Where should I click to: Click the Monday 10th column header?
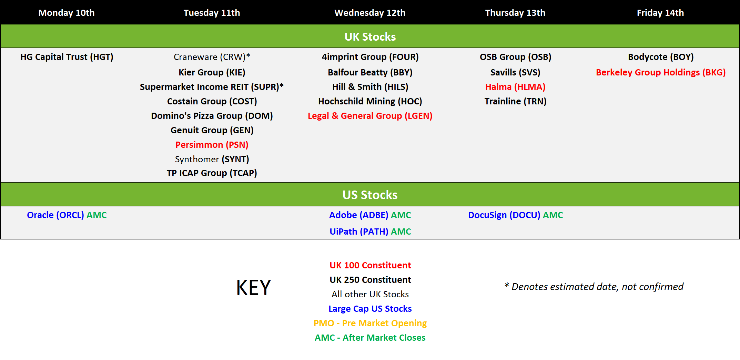click(67, 13)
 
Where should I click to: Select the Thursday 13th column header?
click(515, 13)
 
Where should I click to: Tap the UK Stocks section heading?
click(370, 37)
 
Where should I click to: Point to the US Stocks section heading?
click(370, 195)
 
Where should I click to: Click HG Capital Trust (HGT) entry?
click(67, 57)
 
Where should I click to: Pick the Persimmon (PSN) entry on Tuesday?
click(212, 145)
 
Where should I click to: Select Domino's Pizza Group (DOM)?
click(212, 116)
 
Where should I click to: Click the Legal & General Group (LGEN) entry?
click(370, 116)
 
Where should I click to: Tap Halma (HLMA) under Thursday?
click(515, 87)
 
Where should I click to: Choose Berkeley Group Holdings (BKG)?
click(661, 72)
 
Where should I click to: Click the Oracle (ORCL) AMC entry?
click(67, 215)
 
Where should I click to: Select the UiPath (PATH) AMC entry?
click(370, 232)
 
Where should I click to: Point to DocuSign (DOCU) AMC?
click(515, 215)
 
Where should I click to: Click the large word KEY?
click(254, 288)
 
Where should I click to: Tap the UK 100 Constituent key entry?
click(370, 265)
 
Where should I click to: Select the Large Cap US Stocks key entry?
click(370, 309)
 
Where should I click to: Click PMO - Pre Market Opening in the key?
click(370, 323)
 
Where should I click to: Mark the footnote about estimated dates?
click(594, 287)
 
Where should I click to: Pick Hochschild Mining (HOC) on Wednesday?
click(370, 101)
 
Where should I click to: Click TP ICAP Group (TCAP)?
click(212, 173)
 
